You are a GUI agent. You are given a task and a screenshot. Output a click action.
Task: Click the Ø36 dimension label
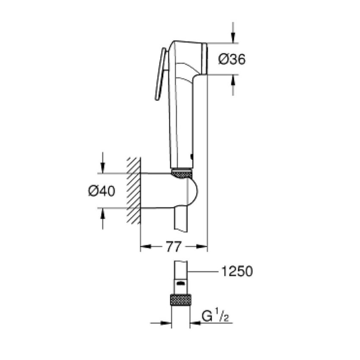pos(232,59)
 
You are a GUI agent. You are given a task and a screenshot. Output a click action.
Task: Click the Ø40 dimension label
pos(101,191)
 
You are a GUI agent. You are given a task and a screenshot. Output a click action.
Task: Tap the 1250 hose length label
pos(237,271)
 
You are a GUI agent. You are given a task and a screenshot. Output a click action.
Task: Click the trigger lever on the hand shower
pos(160,74)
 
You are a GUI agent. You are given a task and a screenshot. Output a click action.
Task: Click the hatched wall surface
pos(133,191)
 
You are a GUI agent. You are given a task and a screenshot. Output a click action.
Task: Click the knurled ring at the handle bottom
pos(183,172)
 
